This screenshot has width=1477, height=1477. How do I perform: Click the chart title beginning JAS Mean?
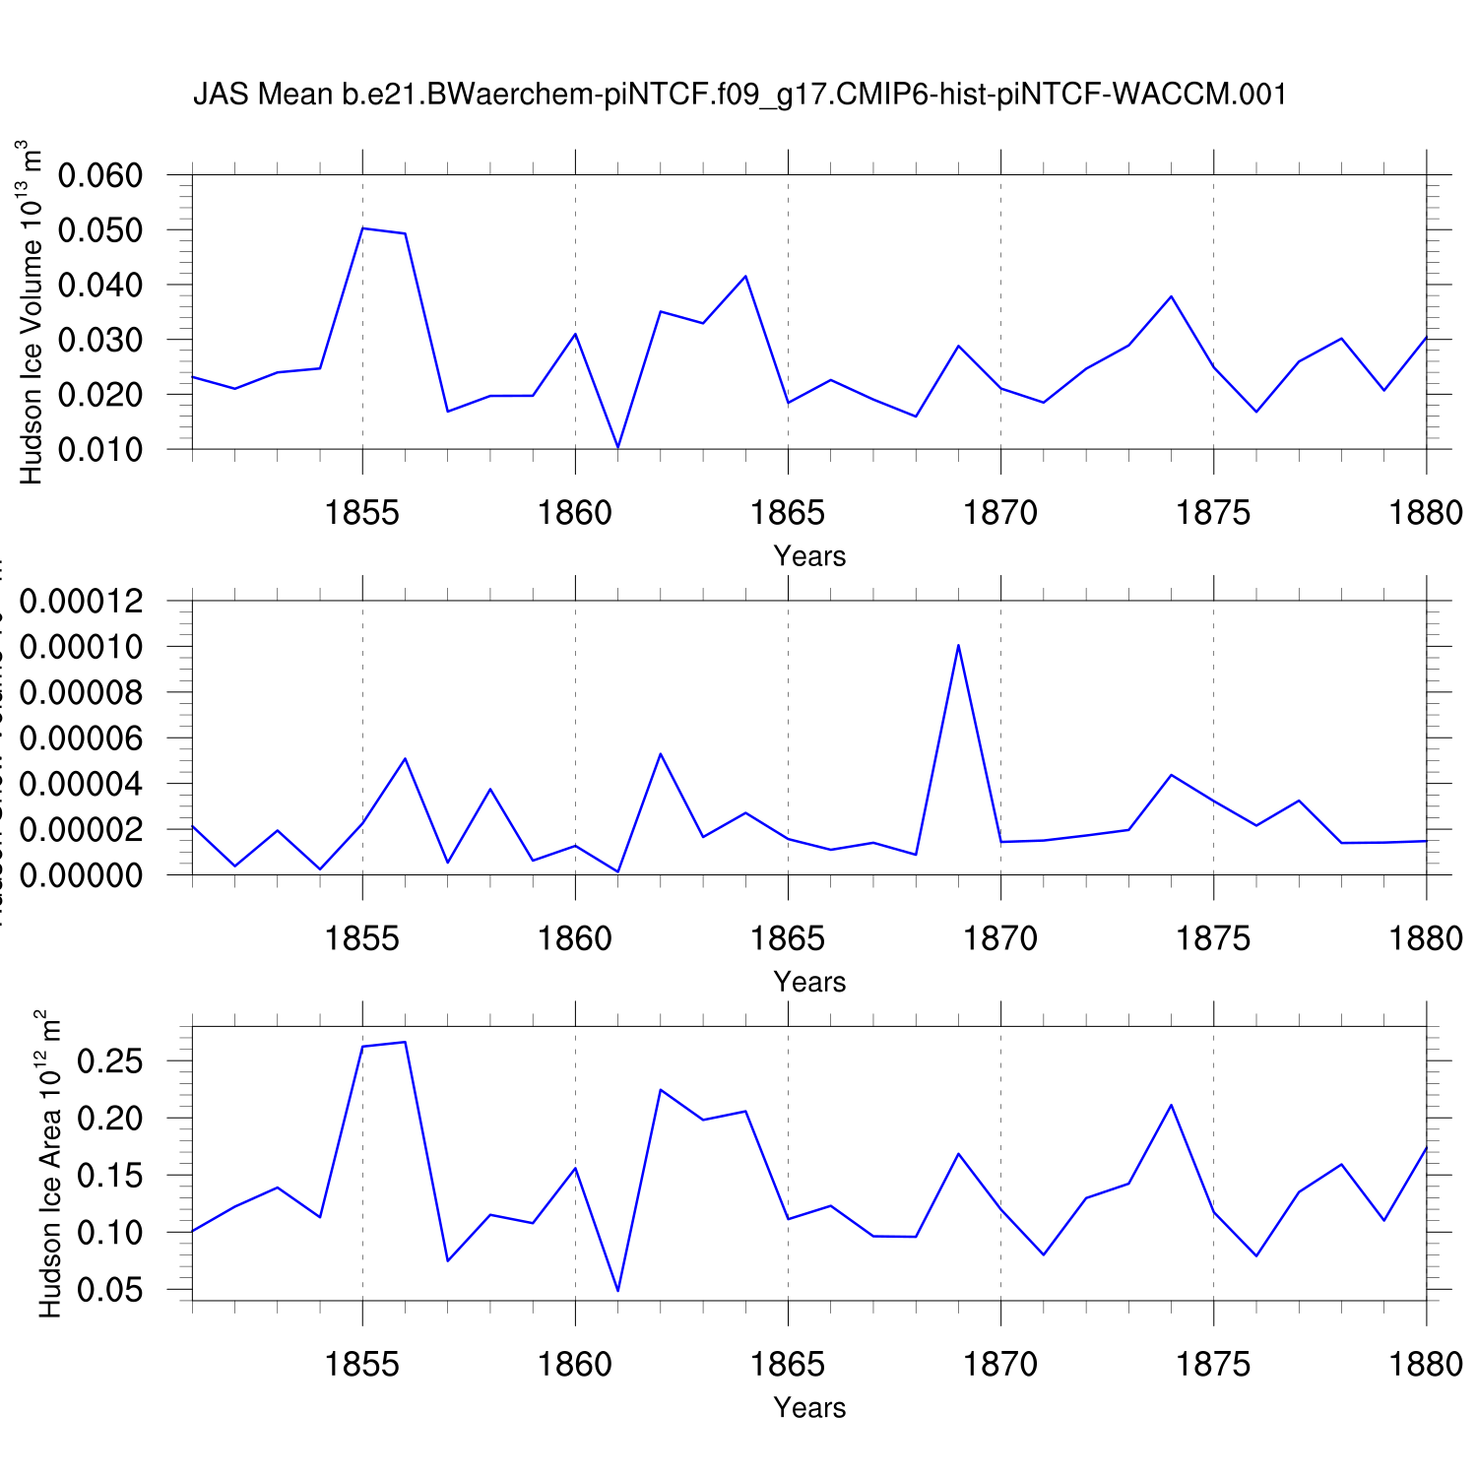click(x=739, y=95)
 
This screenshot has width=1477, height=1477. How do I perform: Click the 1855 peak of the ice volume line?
click(x=363, y=228)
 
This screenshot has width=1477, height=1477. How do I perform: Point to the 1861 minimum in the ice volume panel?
click(x=617, y=447)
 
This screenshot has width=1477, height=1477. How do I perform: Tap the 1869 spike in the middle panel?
click(x=958, y=645)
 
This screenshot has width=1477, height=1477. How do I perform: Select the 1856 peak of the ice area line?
click(x=405, y=1042)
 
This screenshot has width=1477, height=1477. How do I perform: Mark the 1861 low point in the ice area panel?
click(x=617, y=1290)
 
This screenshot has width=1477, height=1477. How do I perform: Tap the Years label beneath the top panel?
click(x=809, y=556)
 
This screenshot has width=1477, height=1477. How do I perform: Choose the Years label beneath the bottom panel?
click(x=809, y=1408)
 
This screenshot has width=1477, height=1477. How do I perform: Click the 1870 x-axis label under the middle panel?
click(x=1000, y=939)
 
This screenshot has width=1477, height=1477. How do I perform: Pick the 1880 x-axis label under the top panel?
click(x=1426, y=513)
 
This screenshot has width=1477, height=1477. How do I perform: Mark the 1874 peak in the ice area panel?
click(x=1171, y=1105)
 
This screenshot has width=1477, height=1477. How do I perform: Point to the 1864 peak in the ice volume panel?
click(x=745, y=276)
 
